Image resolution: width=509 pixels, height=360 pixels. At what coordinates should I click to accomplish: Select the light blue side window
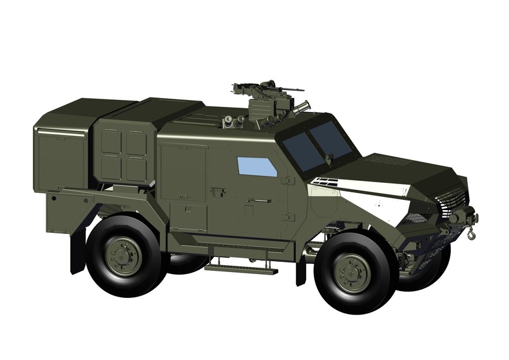point(257,166)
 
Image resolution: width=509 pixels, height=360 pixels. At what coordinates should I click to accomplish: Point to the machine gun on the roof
point(266,89)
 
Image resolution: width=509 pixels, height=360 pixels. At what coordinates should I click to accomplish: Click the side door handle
point(260,201)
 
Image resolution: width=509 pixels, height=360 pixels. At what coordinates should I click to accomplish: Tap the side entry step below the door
point(241,268)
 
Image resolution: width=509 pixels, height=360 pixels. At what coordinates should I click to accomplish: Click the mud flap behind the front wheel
point(301,266)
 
